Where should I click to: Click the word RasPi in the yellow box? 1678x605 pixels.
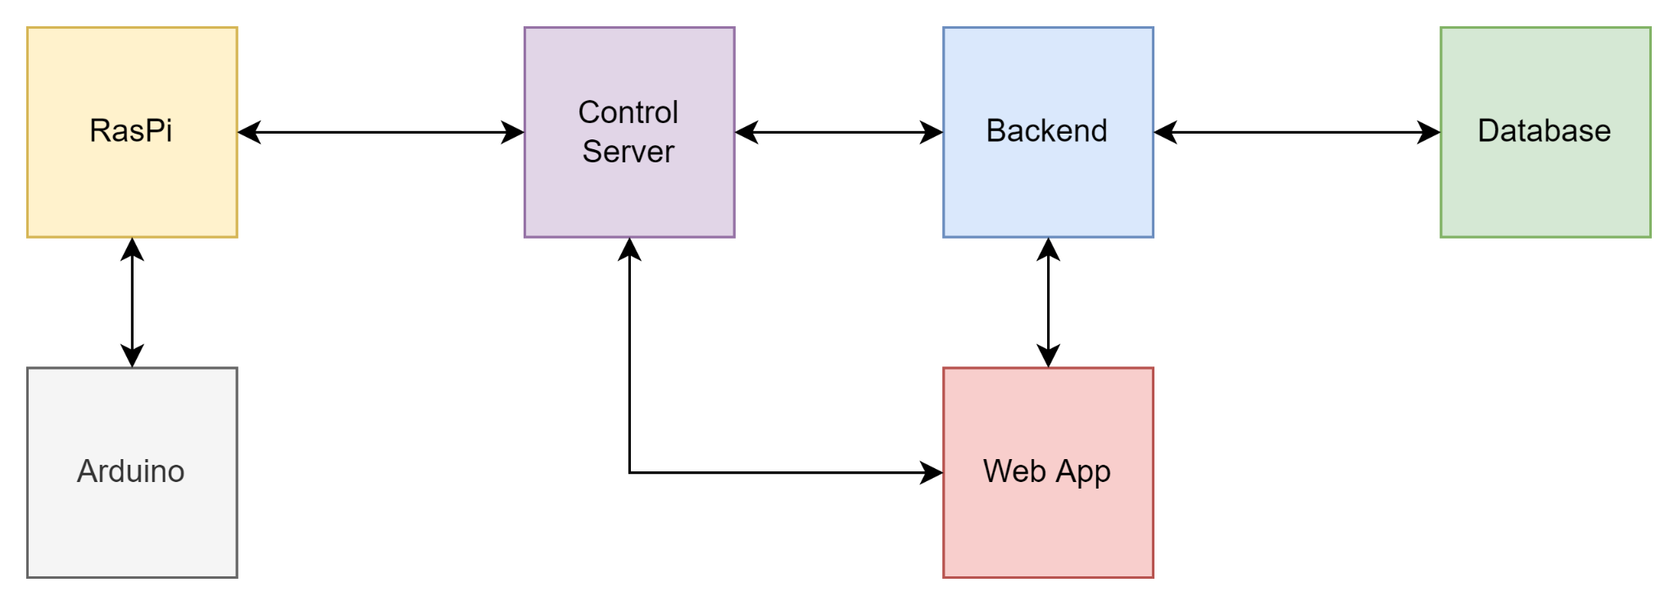point(131,131)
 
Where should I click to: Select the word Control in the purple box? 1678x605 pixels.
point(628,112)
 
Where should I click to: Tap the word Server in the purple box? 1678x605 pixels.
point(628,152)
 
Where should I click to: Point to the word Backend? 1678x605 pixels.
point(1046,131)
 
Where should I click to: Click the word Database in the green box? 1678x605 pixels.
point(1544,131)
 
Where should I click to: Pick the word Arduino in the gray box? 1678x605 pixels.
point(131,471)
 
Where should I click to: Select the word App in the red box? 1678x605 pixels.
point(1083,473)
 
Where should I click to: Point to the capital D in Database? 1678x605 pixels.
point(1487,131)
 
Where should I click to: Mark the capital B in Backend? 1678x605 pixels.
point(995,131)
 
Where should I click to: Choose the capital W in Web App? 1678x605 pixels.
point(998,471)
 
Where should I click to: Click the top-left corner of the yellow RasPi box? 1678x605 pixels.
point(28,28)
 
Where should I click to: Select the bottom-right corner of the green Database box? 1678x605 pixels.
point(1650,237)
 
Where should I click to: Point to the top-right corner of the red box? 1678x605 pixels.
point(1153,368)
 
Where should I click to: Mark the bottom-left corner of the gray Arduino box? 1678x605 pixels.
point(28,577)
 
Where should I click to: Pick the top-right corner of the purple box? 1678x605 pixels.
point(734,28)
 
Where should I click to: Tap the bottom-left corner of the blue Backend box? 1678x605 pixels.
point(944,237)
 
